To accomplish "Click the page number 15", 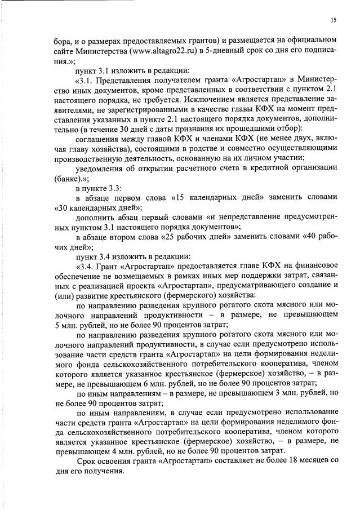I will click(334, 21).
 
